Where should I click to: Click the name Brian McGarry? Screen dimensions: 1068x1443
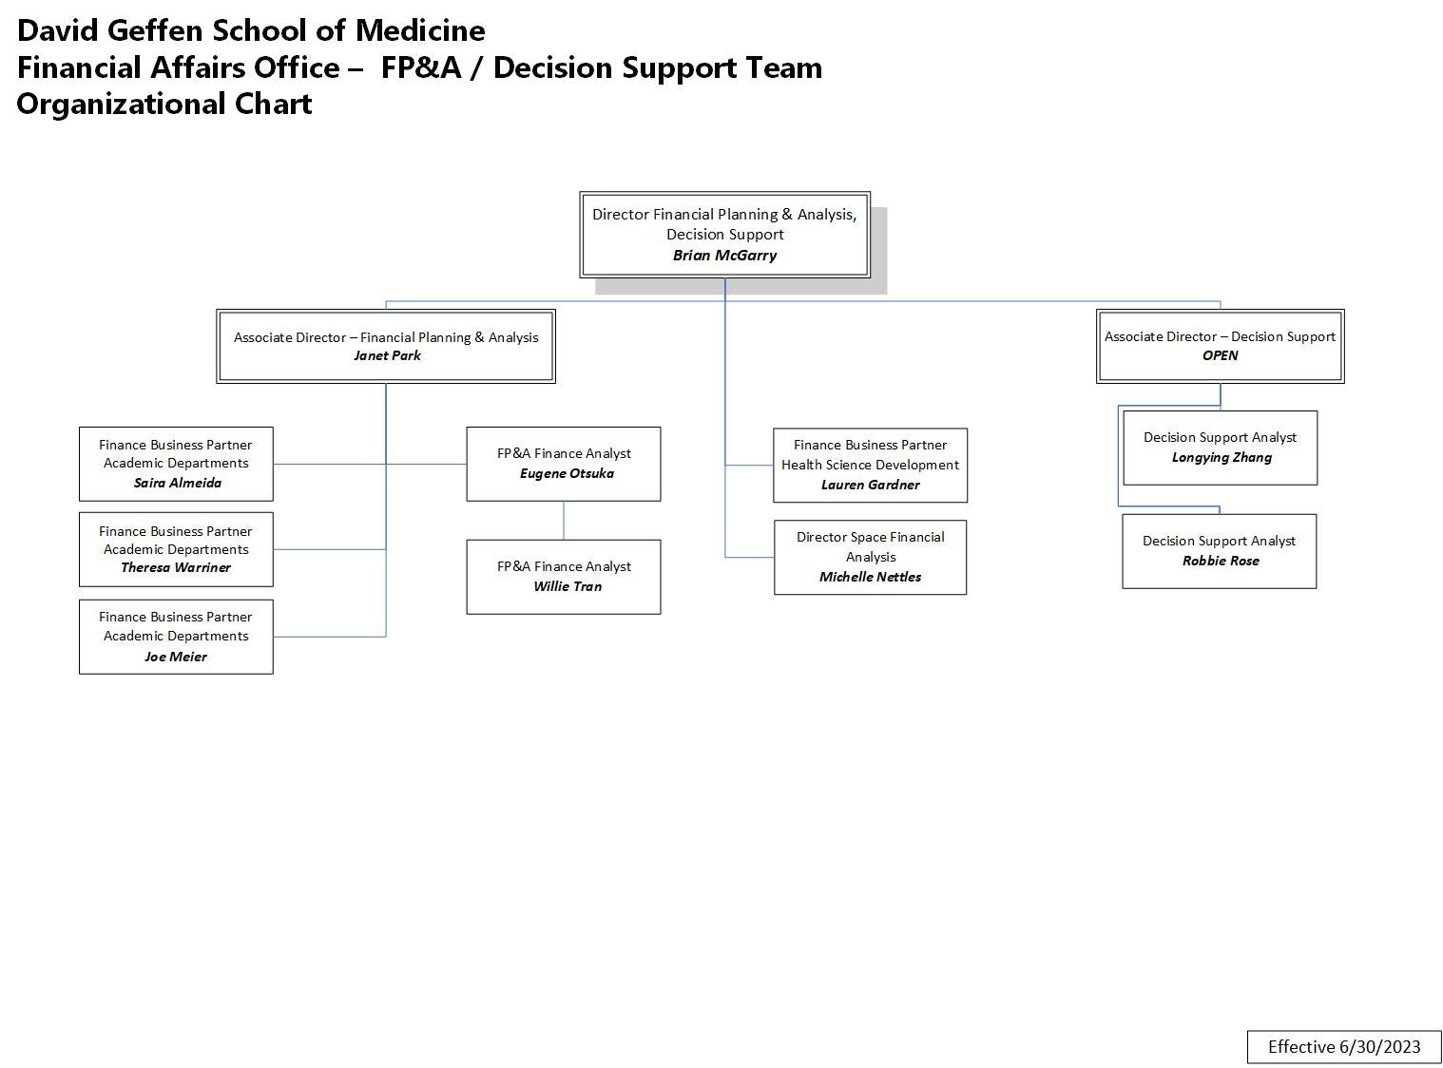coord(724,255)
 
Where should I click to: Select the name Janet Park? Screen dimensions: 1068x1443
coord(386,355)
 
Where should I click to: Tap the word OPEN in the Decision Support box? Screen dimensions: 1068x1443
coord(1220,355)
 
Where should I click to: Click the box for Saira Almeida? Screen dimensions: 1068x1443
coord(176,464)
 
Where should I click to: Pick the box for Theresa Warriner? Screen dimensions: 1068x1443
coord(176,549)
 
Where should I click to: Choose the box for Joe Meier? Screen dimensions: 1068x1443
coord(176,637)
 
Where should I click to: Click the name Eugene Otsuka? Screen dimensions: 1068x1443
coord(567,473)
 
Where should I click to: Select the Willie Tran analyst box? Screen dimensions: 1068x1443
coord(563,577)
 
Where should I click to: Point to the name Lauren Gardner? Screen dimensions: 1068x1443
coord(870,485)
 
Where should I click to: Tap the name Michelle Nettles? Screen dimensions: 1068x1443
coord(870,577)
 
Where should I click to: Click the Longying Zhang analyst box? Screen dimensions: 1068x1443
coord(1220,448)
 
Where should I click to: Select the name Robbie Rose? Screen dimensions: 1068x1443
coord(1220,561)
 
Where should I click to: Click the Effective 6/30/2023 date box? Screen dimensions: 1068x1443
coord(1343,1046)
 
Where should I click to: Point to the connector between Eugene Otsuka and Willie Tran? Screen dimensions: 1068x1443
coord(564,521)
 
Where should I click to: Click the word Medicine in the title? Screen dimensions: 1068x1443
coord(419,30)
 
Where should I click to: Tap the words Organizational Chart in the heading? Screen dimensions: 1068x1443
coord(164,104)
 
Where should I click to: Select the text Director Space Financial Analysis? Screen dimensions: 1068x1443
coord(870,546)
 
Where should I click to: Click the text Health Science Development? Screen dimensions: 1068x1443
coord(870,465)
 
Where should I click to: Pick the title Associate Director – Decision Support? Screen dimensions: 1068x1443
coord(1220,336)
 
